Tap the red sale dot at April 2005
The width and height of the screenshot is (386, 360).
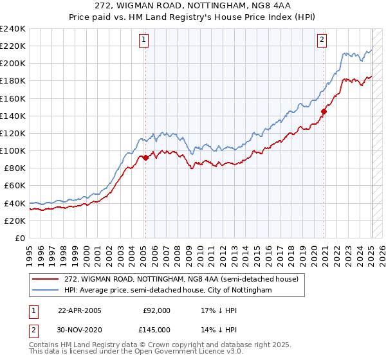click(x=145, y=157)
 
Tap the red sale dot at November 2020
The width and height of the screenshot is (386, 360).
click(x=324, y=111)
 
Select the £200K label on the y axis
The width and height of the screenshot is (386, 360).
click(x=13, y=64)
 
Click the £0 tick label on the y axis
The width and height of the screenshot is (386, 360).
click(x=20, y=238)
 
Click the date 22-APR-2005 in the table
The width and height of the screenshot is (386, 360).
click(x=79, y=310)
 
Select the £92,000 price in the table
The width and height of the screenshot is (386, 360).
click(x=156, y=310)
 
